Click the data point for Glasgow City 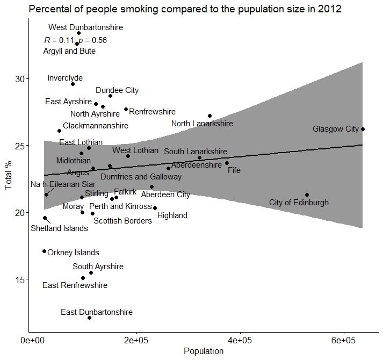(x=363, y=129)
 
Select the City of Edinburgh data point (x=307, y=195)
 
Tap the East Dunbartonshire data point (x=90, y=318)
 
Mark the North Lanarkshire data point (x=209, y=116)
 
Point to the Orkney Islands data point (x=44, y=251)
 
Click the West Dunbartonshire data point (x=78, y=33)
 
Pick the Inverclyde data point (x=73, y=84)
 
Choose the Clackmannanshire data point (x=59, y=131)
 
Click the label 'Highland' (x=172, y=215)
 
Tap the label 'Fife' (x=234, y=171)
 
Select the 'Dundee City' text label (x=117, y=90)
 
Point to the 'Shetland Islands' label (x=59, y=228)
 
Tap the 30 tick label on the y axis (x=22, y=79)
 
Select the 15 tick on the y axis (x=22, y=279)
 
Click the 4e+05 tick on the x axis (x=240, y=341)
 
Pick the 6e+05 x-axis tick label (x=343, y=341)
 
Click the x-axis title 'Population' (x=204, y=351)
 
